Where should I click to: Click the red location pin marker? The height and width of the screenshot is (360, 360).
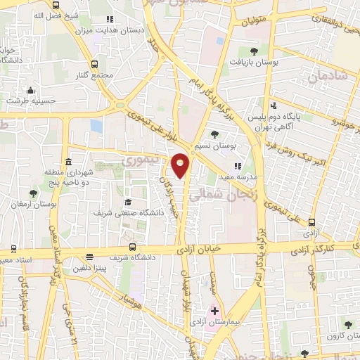[x=181, y=165]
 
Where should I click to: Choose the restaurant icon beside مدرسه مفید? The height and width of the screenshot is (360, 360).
[x=237, y=165]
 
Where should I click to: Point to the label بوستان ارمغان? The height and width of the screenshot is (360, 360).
[x=32, y=203]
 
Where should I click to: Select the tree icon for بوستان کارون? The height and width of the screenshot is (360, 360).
[x=349, y=323]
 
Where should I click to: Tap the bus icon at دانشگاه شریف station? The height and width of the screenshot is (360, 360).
[x=132, y=247]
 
